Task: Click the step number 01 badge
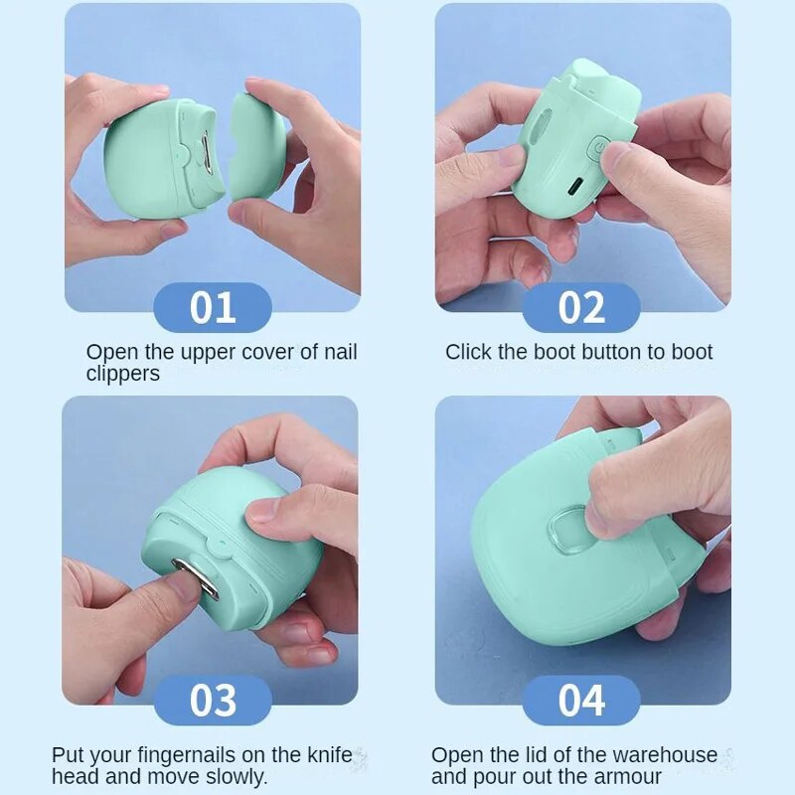213,307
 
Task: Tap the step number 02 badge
581,307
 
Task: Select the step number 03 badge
213,701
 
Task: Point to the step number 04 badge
581,701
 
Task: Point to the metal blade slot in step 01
207,150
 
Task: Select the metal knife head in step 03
195,578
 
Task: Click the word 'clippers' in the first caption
122,374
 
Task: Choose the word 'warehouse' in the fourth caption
665,755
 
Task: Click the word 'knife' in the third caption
330,755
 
